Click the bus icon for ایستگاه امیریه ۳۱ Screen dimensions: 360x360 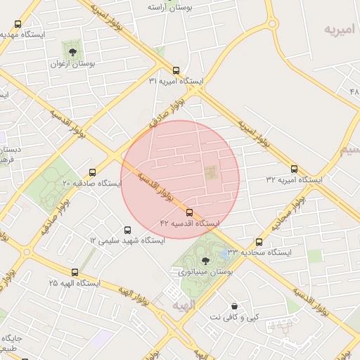click(x=176, y=70)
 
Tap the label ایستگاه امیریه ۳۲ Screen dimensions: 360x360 click(x=294, y=180)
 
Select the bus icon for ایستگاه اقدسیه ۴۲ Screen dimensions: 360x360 click(x=189, y=212)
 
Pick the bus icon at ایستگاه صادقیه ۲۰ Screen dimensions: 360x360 click(x=92, y=172)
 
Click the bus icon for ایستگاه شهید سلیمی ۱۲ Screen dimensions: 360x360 click(x=127, y=230)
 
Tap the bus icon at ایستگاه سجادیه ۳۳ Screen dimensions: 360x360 click(x=259, y=242)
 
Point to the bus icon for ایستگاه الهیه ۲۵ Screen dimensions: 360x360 click(x=75, y=272)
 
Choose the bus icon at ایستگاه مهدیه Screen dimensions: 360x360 click(x=18, y=24)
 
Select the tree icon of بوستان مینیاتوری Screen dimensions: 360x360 click(x=205, y=260)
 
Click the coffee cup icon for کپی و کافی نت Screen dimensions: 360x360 click(x=233, y=306)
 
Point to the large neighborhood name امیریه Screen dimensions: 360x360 click(x=340, y=30)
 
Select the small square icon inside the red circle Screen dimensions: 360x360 click(x=211, y=172)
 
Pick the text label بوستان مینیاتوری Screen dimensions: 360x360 click(x=205, y=271)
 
